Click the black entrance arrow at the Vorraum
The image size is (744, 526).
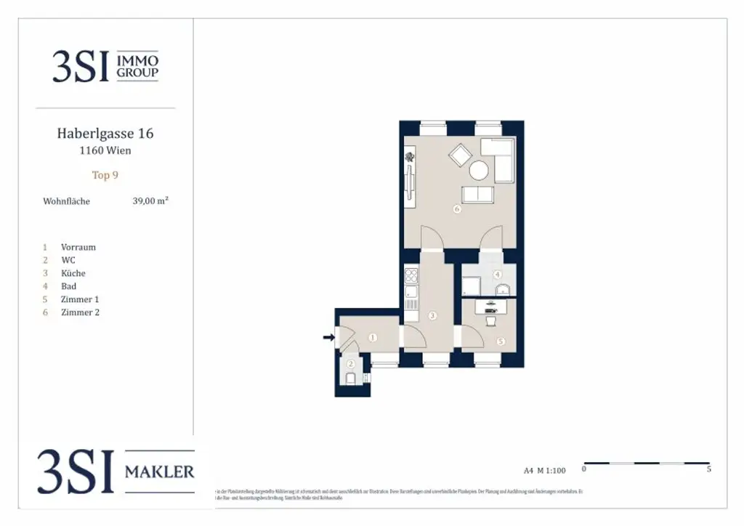pos(328,337)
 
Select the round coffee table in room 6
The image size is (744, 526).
pos(479,170)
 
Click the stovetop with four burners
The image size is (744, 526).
pos(411,275)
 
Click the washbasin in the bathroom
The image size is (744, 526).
pos(502,291)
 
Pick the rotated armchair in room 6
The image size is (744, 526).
pos(460,154)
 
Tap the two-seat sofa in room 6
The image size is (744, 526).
pos(477,194)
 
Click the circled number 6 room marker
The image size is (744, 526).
pos(457,209)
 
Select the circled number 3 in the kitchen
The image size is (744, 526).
pos(432,315)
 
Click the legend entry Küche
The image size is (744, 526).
pos(73,273)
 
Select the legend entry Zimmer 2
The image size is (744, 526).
pos(80,312)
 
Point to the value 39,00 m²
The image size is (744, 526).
pos(150,201)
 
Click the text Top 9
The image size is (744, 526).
pos(105,175)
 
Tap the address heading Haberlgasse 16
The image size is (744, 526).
pos(105,134)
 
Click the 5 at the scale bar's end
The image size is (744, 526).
pos(708,469)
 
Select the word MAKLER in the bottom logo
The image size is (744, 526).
pos(160,472)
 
